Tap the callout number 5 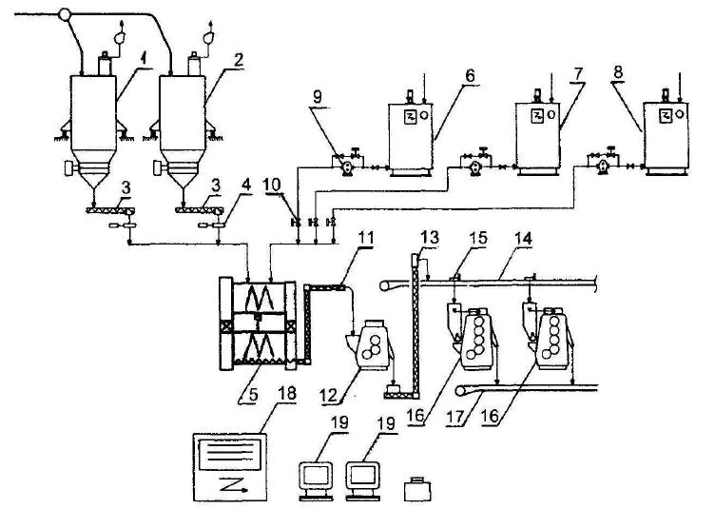click(x=254, y=395)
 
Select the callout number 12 click(x=328, y=395)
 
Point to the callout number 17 click(x=456, y=417)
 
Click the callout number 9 click(x=318, y=97)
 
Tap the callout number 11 click(x=366, y=237)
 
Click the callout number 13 click(x=430, y=237)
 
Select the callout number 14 click(x=524, y=238)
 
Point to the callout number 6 click(x=470, y=76)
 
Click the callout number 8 click(x=618, y=73)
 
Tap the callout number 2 click(x=239, y=60)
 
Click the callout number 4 click(x=246, y=186)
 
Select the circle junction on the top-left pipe click(x=66, y=15)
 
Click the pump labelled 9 click(x=347, y=167)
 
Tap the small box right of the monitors click(x=417, y=489)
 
